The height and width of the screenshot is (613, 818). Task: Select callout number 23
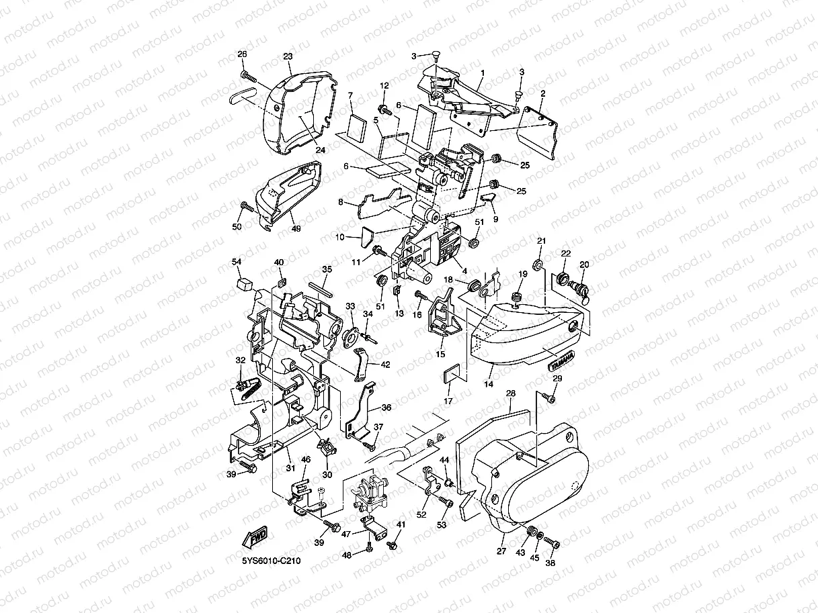point(288,57)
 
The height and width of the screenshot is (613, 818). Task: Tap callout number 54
point(237,261)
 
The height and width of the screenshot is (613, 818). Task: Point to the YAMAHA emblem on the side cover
point(563,361)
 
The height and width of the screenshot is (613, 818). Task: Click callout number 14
point(489,385)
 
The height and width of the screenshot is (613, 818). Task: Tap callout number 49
point(296,228)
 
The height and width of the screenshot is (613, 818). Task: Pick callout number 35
point(327,269)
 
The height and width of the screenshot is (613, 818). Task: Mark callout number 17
point(447,402)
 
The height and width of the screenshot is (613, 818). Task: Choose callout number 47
point(346,534)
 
